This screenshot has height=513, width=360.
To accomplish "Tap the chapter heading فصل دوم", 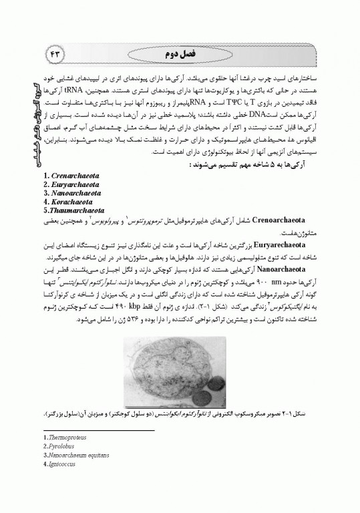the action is tap(178, 52).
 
